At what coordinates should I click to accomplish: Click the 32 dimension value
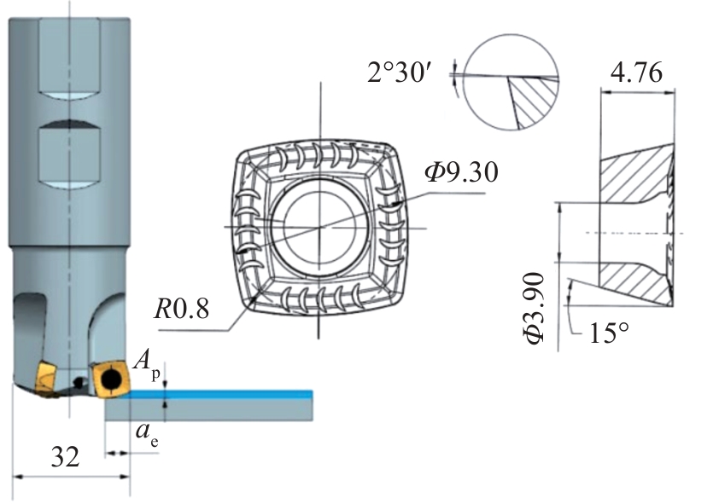pos(65,457)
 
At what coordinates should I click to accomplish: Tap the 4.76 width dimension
pos(637,72)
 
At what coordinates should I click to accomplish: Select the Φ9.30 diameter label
pos(461,172)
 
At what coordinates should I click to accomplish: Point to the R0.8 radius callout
pos(182,309)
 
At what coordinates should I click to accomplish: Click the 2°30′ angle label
pos(398,72)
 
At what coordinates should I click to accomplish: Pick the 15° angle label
pos(609,333)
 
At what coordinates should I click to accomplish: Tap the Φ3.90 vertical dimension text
pos(534,308)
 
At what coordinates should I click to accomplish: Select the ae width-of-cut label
pos(148,434)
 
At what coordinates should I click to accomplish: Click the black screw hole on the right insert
pos(111,379)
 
